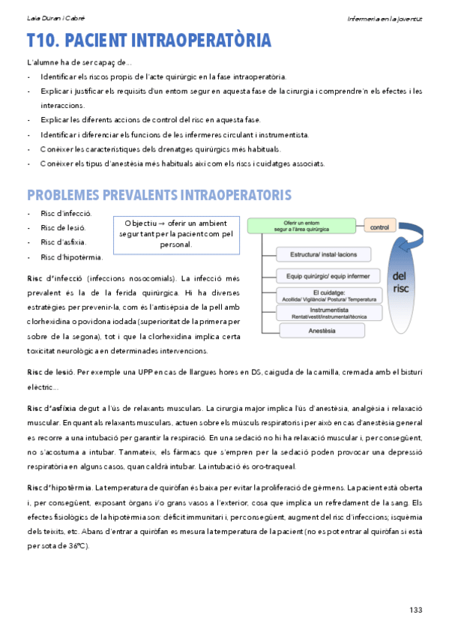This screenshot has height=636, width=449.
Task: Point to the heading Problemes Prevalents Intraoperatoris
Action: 159,196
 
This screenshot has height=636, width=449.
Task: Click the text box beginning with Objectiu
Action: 178,234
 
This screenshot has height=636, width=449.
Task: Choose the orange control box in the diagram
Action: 380,226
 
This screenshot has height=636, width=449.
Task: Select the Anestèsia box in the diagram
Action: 321,331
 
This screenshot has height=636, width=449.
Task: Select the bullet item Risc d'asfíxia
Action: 63,242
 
